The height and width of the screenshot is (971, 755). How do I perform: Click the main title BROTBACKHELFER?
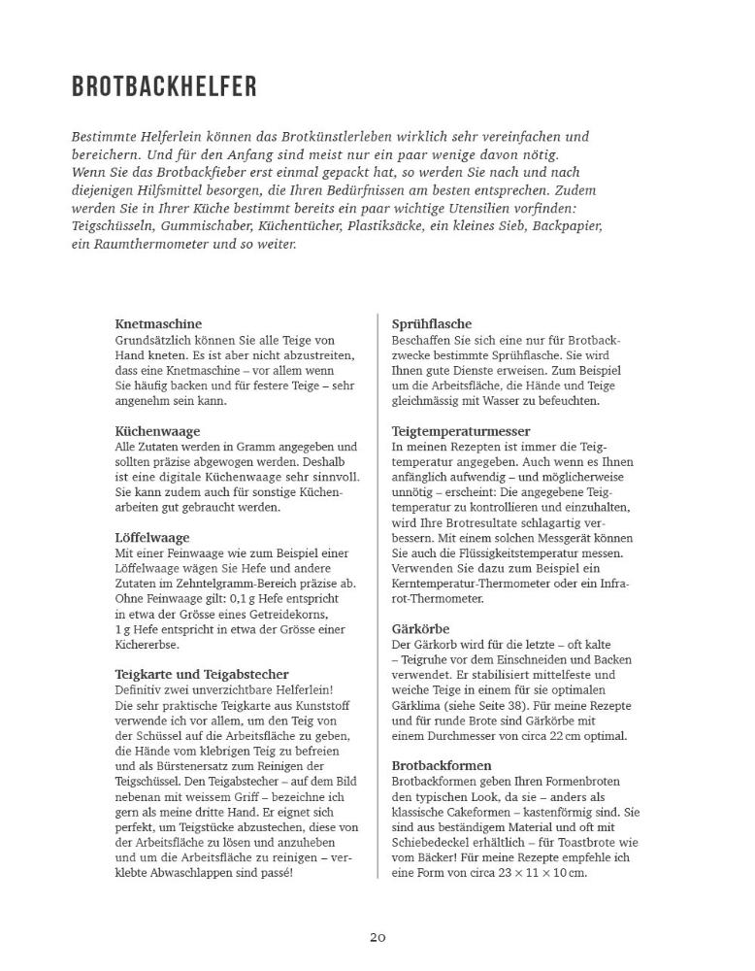tap(164, 86)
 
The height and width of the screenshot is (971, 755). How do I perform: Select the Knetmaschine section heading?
tap(158, 323)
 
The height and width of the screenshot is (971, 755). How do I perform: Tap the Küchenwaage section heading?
tap(157, 430)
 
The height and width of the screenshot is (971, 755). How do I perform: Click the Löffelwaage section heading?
tap(151, 537)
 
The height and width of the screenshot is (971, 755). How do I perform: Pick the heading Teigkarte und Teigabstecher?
tap(201, 674)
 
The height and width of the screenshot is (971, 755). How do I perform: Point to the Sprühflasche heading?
tap(432, 323)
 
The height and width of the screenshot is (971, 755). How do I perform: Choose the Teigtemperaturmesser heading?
tap(461, 430)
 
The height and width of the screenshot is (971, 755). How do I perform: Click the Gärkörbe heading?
tap(420, 628)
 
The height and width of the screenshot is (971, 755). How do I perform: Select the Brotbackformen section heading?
tap(442, 765)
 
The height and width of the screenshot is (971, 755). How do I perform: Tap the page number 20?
tap(377, 937)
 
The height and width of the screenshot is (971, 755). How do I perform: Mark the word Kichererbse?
tap(147, 644)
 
